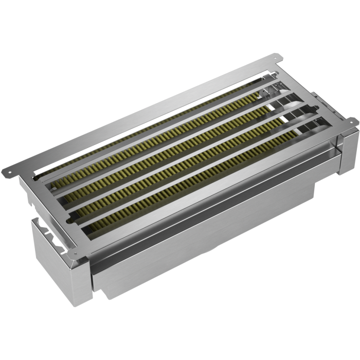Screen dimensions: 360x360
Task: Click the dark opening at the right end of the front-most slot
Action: [x=321, y=123]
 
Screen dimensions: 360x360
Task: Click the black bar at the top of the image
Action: [x=180, y=26]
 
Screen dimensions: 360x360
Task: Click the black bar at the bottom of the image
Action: [x=180, y=334]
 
